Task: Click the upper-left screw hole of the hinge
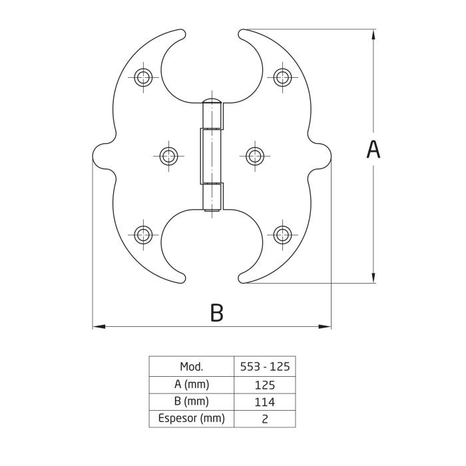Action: [x=143, y=77]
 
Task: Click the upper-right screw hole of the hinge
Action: [x=282, y=77]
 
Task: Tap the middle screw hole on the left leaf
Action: [x=168, y=156]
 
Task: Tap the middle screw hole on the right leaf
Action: [x=255, y=156]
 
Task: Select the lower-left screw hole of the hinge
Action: [x=143, y=235]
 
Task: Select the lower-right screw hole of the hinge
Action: [x=282, y=235]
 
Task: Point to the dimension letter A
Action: [x=373, y=150]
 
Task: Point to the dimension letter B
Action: [x=216, y=313]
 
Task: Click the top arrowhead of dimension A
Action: [x=373, y=36]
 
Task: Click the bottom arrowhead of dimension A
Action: [x=373, y=277]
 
